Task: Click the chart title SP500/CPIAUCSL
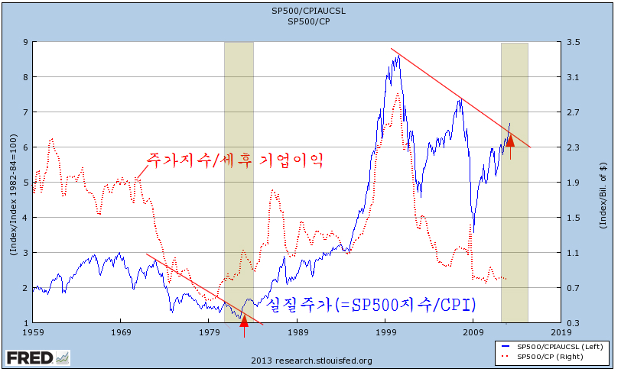point(308,11)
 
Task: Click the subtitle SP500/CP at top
point(308,21)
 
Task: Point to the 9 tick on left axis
point(26,41)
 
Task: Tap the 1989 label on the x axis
point(297,332)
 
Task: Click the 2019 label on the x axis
point(561,332)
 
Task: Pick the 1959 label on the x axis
point(34,332)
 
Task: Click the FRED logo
point(38,357)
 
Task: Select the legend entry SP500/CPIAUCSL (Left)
point(552,347)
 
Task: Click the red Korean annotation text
point(235,160)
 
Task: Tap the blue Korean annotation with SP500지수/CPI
point(371,305)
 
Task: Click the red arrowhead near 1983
point(245,321)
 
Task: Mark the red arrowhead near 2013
point(510,141)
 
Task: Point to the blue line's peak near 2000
point(398,56)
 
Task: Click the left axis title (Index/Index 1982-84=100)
point(14,195)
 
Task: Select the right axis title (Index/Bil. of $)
point(603,196)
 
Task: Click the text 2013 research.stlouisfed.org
point(311,361)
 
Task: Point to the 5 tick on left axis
point(26,183)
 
